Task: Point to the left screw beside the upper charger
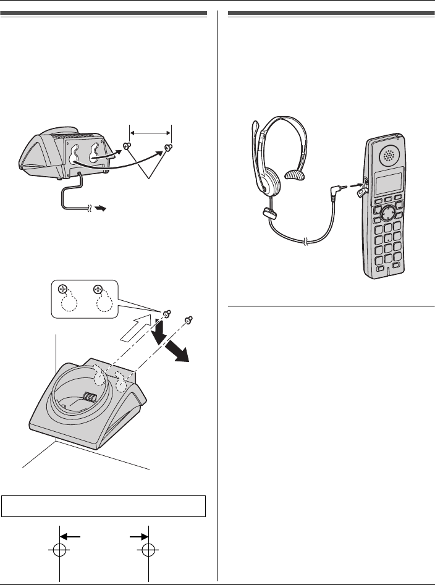coord(126,147)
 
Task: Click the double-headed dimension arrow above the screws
coord(149,132)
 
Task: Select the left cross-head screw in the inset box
coord(62,289)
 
